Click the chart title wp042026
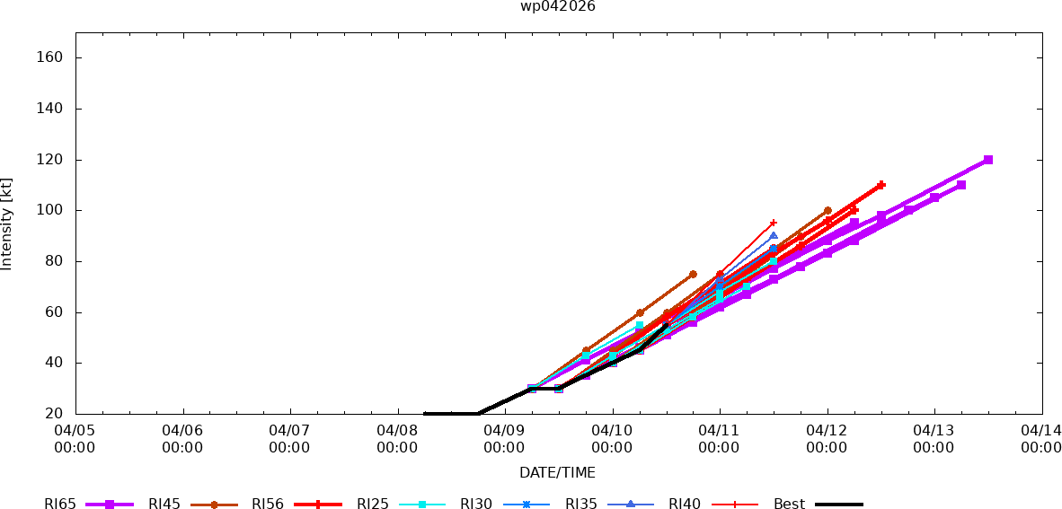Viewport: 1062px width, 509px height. tap(557, 6)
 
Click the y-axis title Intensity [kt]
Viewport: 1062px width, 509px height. tap(7, 224)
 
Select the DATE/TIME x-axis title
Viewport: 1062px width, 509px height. tap(557, 472)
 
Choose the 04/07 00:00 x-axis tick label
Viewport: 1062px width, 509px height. tap(289, 439)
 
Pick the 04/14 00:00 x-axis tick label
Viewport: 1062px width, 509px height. tap(1041, 439)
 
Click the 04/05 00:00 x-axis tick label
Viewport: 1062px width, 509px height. tap(75, 439)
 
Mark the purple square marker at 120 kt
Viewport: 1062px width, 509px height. tap(988, 160)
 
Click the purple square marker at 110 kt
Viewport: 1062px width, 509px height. tap(961, 185)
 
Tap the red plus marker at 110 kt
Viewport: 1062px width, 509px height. tap(881, 185)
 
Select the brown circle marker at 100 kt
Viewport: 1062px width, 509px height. tap(827, 211)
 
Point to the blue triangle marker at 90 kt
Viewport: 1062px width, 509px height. tap(774, 236)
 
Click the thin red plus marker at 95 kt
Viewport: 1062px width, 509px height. tap(774, 223)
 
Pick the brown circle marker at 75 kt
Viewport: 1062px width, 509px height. tap(693, 274)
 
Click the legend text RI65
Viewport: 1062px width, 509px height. tap(59, 505)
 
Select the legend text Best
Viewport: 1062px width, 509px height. tap(789, 505)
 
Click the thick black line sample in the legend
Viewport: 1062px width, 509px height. tap(839, 505)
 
